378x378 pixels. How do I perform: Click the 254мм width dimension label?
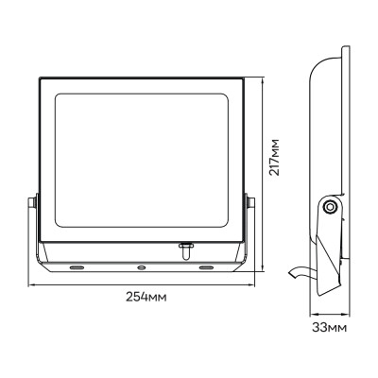(145, 297)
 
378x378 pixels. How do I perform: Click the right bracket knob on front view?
(252, 202)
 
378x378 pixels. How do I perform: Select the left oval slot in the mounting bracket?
(76, 267)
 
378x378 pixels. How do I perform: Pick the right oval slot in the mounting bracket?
(206, 267)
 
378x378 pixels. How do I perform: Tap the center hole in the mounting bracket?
(141, 267)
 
